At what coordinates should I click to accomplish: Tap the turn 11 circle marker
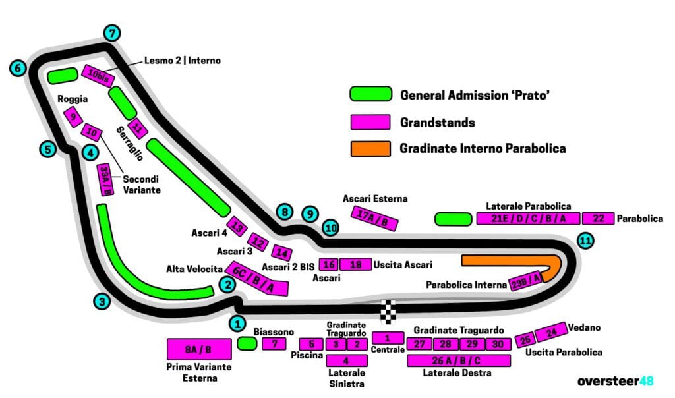(585, 241)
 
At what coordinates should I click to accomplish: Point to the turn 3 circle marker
(101, 302)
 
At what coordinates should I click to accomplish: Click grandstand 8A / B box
(199, 349)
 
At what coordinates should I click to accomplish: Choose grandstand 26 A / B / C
(459, 360)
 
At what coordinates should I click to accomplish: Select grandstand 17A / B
(374, 217)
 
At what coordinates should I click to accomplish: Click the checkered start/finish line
(390, 312)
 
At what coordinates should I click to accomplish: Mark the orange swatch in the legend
(370, 148)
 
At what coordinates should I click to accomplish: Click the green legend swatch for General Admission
(370, 95)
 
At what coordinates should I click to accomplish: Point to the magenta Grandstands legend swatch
(370, 122)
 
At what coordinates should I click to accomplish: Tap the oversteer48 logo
(615, 381)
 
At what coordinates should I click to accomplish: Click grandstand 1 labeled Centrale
(388, 338)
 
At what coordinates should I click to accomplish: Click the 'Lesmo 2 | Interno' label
(183, 61)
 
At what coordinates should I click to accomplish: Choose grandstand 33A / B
(105, 180)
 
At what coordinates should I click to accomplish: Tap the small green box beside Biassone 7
(247, 343)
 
